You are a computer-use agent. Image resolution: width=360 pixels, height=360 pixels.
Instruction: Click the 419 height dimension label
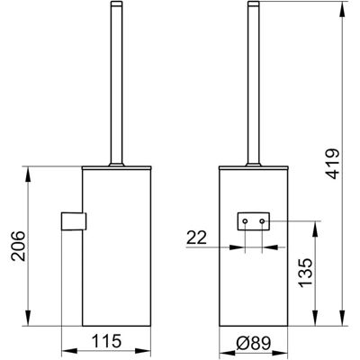tap(333, 164)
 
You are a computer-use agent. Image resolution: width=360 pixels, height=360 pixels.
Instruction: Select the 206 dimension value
tap(18, 246)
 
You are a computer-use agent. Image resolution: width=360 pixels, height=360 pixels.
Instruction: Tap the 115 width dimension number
tap(106, 341)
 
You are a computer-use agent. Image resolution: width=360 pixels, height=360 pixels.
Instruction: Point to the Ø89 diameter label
tap(254, 343)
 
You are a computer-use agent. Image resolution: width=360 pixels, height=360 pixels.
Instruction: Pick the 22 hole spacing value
tap(196, 238)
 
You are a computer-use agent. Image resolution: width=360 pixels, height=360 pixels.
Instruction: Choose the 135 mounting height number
tap(306, 273)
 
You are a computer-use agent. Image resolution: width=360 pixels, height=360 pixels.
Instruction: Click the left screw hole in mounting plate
tap(245, 221)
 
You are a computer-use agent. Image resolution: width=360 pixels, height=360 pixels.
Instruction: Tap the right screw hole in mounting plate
tap(263, 221)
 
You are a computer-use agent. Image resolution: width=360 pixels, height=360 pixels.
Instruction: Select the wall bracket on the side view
tap(74, 221)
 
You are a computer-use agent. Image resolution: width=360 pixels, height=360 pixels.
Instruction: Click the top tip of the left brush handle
tap(116, 2)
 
